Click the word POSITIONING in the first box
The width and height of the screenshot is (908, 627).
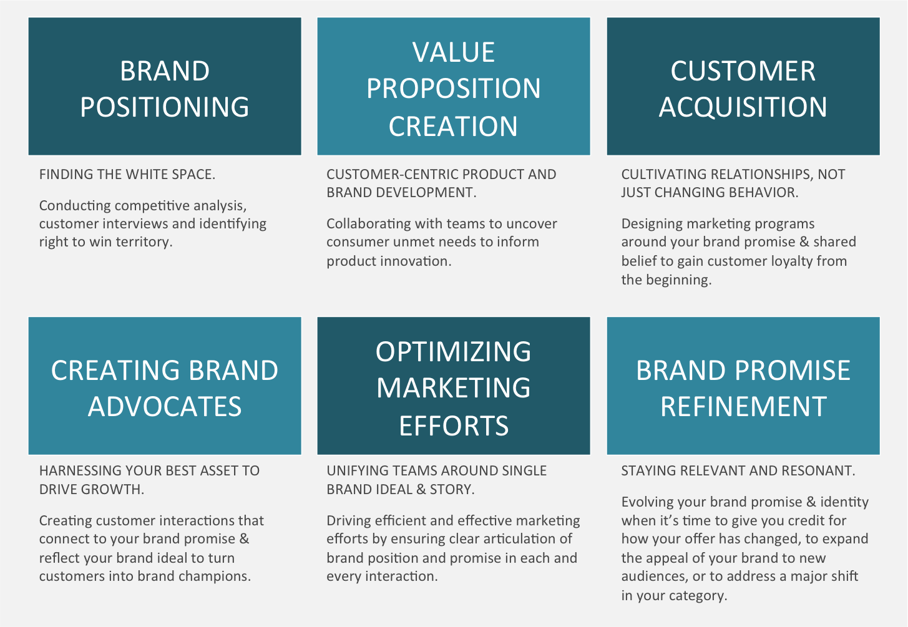[x=165, y=107]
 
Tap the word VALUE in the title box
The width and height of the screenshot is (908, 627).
[x=454, y=52]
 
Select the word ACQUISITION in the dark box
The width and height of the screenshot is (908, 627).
[x=743, y=107]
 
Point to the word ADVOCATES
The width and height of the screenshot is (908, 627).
[x=165, y=407]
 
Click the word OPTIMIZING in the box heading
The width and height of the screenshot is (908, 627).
[x=454, y=352]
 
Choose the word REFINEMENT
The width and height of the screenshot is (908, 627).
[x=743, y=407]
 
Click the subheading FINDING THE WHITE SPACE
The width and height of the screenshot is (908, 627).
[x=127, y=175]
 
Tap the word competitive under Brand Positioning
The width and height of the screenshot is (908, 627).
[x=154, y=205]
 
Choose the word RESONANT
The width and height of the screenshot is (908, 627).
[x=822, y=471]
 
